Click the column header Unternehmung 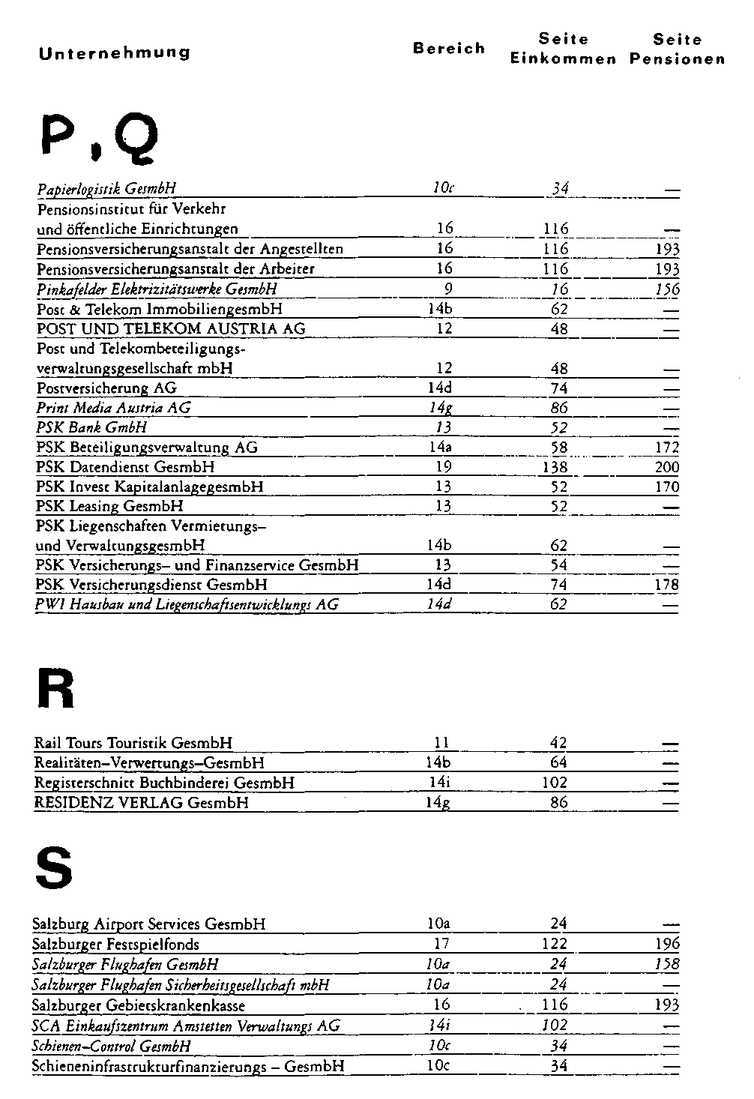pyautogui.click(x=114, y=52)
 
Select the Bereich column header pyautogui.click(x=449, y=49)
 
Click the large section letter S pyautogui.click(x=54, y=869)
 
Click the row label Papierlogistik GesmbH pyautogui.click(x=106, y=189)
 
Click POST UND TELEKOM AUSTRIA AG pyautogui.click(x=171, y=329)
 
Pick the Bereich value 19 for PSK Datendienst pyautogui.click(x=444, y=467)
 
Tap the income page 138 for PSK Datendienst pyautogui.click(x=555, y=467)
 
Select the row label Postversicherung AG pyautogui.click(x=106, y=388)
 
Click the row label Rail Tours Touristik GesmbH pyautogui.click(x=133, y=744)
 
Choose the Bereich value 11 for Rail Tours pyautogui.click(x=441, y=744)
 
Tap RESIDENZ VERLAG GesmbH pyautogui.click(x=142, y=803)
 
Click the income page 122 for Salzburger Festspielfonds pyautogui.click(x=555, y=945)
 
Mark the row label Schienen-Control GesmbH pyautogui.click(x=112, y=1046)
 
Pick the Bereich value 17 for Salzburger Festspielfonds pyautogui.click(x=442, y=945)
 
